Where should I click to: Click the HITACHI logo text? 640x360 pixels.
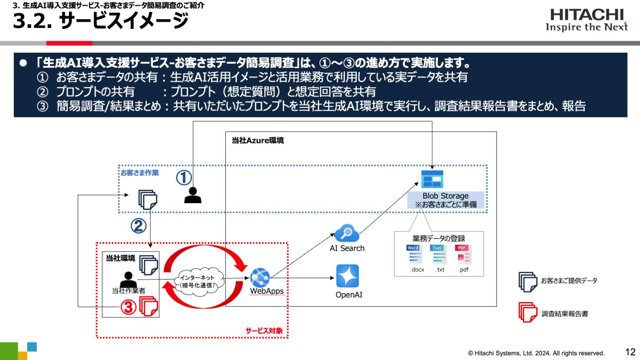tap(587, 15)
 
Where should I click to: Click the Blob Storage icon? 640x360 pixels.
tap(432, 179)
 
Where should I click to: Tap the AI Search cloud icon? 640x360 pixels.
tap(347, 233)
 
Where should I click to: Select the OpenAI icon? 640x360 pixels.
tap(347, 276)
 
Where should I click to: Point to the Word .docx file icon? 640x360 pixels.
tap(413, 255)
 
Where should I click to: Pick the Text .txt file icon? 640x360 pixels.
tap(438, 255)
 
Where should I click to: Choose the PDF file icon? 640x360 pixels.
tap(463, 255)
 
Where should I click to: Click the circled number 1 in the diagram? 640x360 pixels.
tap(184, 177)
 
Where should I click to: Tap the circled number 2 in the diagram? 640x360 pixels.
tap(139, 226)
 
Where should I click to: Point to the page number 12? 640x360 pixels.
tap(630, 352)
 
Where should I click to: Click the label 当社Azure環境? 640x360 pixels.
tap(257, 140)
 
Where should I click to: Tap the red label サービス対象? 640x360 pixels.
tap(264, 330)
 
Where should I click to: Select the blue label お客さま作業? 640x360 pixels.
tap(140, 173)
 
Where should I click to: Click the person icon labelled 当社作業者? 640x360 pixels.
tap(128, 279)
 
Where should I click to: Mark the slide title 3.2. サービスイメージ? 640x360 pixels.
tap(101, 21)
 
